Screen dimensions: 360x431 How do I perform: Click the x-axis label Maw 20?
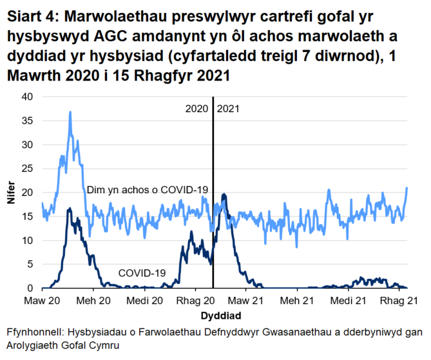(x=43, y=301)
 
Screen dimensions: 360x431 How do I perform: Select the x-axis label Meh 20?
(x=94, y=301)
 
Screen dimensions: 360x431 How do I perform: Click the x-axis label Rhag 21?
(x=399, y=301)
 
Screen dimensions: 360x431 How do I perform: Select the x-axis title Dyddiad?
(x=221, y=316)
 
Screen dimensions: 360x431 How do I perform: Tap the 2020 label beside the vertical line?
(x=197, y=109)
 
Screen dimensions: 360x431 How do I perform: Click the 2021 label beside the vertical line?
(x=228, y=109)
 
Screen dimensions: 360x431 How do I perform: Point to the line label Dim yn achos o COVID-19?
(x=148, y=189)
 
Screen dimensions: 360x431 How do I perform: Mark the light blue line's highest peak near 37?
(x=70, y=112)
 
